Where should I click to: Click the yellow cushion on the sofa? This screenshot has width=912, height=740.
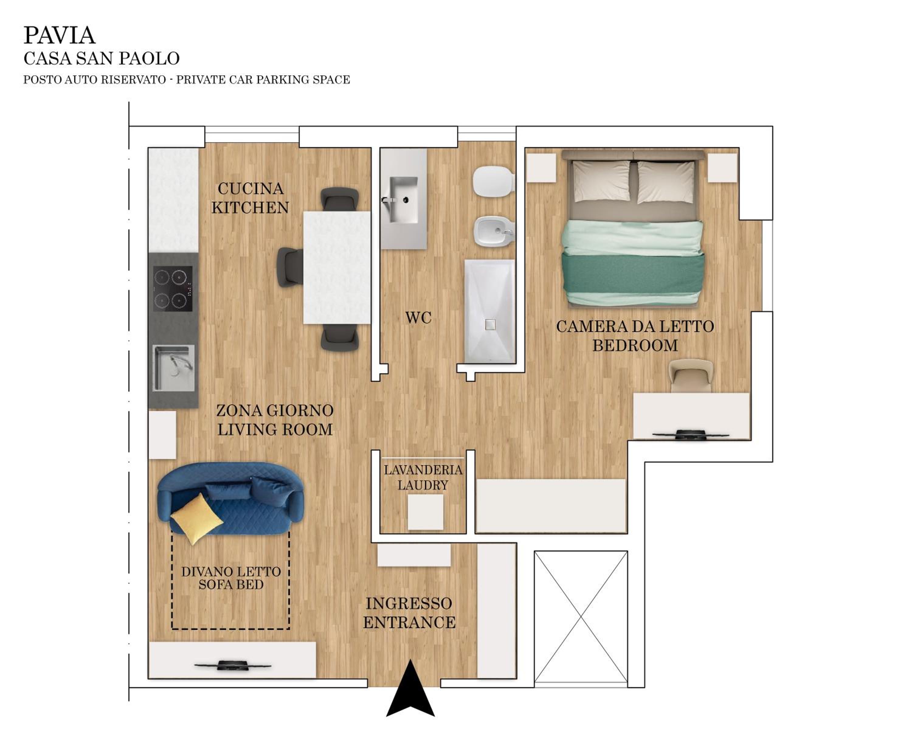196,518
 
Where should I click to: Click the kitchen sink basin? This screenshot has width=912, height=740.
174,368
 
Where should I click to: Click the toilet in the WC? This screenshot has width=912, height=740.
493,181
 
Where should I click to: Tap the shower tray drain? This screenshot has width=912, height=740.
490,324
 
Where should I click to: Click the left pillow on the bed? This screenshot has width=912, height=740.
601,181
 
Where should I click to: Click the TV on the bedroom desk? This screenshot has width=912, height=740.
690,434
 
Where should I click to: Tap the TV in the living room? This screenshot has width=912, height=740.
233,665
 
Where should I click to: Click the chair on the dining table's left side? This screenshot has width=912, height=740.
291,267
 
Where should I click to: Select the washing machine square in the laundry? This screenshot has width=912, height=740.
425,512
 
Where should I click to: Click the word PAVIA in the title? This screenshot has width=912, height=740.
59,35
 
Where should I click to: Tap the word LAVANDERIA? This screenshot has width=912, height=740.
423,470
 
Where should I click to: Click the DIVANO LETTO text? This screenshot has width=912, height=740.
231,572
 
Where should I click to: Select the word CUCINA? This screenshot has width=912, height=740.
250,188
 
